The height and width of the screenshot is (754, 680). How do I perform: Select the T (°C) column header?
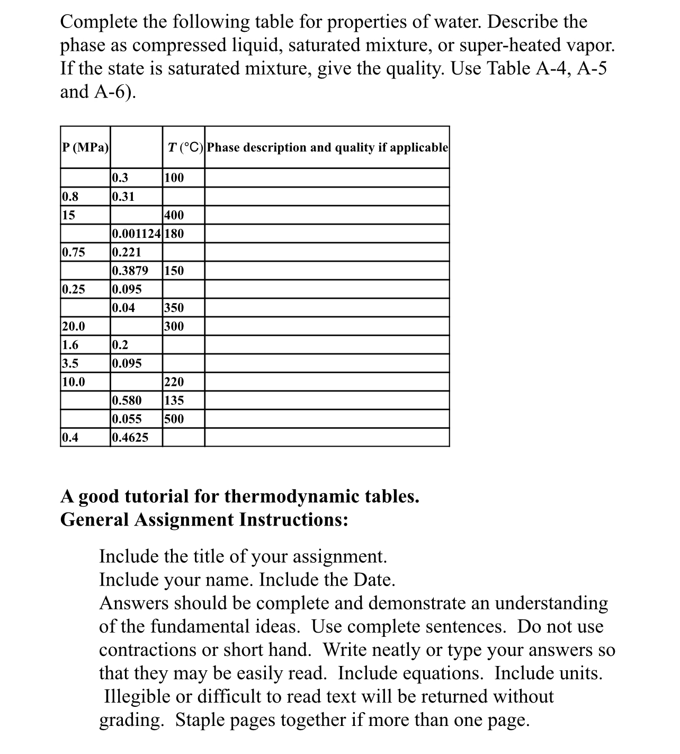pyautogui.click(x=183, y=147)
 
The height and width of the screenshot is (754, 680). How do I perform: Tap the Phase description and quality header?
pyautogui.click(x=327, y=147)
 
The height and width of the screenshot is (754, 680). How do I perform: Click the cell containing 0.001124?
pyautogui.click(x=137, y=234)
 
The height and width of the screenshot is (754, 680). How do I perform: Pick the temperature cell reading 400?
pyautogui.click(x=174, y=215)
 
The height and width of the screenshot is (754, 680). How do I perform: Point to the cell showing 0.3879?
pyautogui.click(x=130, y=271)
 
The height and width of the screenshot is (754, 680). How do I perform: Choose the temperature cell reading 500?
pyautogui.click(x=174, y=419)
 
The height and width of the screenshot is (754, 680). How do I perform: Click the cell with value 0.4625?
pyautogui.click(x=130, y=438)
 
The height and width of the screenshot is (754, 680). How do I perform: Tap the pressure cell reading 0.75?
pyautogui.click(x=74, y=252)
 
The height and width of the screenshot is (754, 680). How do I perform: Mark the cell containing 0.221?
pyautogui.click(x=127, y=252)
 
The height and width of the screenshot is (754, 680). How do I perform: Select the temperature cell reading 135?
pyautogui.click(x=174, y=401)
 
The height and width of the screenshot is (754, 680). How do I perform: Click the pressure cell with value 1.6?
pyautogui.click(x=70, y=345)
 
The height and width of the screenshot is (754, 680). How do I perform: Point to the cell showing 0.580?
pyautogui.click(x=127, y=401)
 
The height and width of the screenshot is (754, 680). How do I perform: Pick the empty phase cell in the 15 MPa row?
pyautogui.click(x=327, y=215)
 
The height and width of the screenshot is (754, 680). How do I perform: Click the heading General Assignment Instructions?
pyautogui.click(x=204, y=519)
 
